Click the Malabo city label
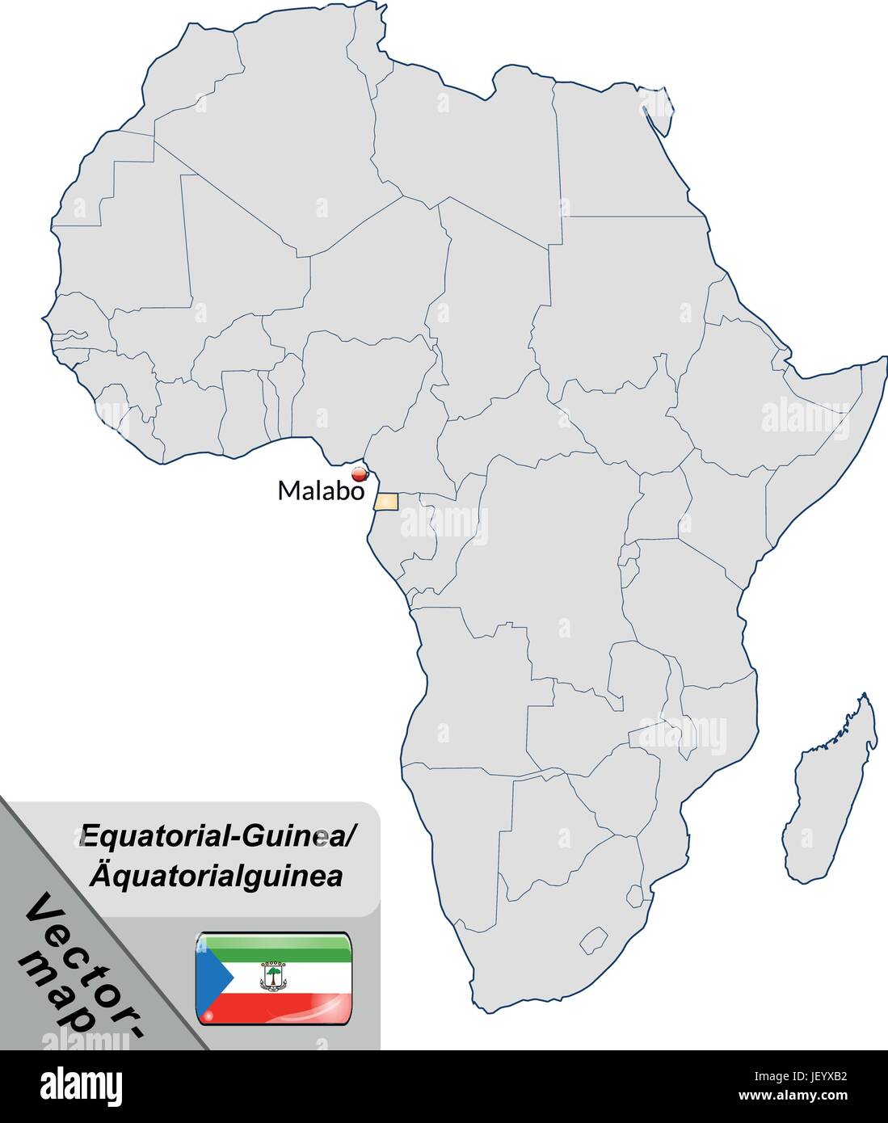321,490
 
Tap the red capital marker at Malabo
360,475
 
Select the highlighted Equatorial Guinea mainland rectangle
386,502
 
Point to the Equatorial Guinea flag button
273,978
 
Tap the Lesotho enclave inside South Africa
594,939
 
